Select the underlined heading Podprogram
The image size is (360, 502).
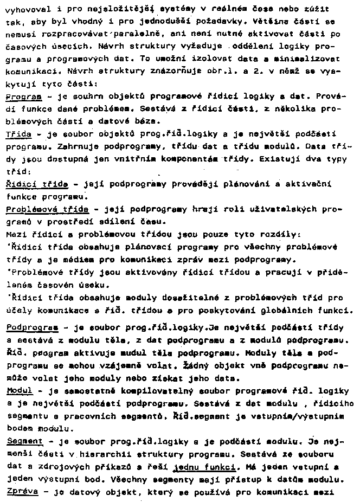click(32, 328)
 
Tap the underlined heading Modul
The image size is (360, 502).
click(20, 390)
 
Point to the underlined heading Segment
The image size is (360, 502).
click(24, 442)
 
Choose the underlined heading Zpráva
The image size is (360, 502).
click(22, 493)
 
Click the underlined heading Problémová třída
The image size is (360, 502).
click(47, 209)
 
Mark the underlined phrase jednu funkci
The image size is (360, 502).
click(204, 467)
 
